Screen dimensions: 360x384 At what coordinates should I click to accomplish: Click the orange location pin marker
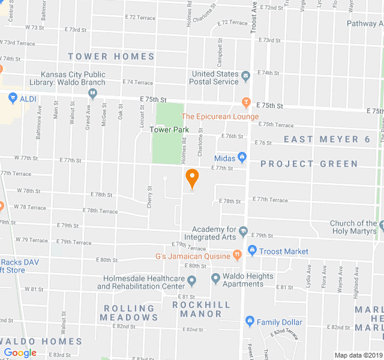click(192, 178)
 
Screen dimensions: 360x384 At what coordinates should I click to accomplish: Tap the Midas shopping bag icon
click(242, 158)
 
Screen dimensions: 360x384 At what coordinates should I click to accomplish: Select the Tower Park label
click(169, 130)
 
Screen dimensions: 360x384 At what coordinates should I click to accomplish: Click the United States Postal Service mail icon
click(245, 77)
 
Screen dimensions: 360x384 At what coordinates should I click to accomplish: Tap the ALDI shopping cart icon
click(12, 97)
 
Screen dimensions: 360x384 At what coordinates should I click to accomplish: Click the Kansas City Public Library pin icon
click(92, 93)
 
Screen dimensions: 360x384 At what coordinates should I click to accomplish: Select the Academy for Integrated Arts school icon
click(243, 231)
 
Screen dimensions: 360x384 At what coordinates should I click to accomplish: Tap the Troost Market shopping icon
click(252, 251)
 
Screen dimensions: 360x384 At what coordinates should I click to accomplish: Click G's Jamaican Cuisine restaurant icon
click(238, 254)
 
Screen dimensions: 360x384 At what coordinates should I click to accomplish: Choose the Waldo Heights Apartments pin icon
click(215, 279)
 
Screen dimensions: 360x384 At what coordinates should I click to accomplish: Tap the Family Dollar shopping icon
click(250, 322)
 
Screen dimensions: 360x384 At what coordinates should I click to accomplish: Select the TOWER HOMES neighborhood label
click(111, 56)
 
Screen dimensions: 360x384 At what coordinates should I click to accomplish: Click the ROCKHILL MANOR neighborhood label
click(201, 309)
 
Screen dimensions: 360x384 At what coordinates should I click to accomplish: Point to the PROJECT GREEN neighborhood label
click(309, 164)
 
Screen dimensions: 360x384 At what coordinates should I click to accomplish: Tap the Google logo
click(20, 353)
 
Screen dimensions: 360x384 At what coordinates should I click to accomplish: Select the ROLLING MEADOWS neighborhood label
click(128, 313)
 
